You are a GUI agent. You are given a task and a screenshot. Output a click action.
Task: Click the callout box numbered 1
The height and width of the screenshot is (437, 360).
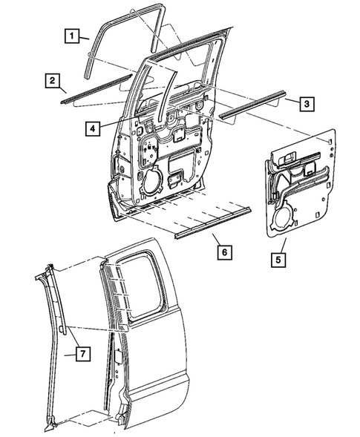tap(71, 35)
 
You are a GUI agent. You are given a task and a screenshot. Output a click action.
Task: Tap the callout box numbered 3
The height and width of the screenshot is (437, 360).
tap(306, 103)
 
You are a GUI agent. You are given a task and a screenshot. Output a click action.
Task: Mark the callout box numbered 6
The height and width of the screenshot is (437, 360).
tap(223, 252)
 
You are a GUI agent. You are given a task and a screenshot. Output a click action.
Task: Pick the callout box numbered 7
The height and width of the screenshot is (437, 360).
tap(82, 353)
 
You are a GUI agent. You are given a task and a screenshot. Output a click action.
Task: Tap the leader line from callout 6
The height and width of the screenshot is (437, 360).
tap(215, 240)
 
